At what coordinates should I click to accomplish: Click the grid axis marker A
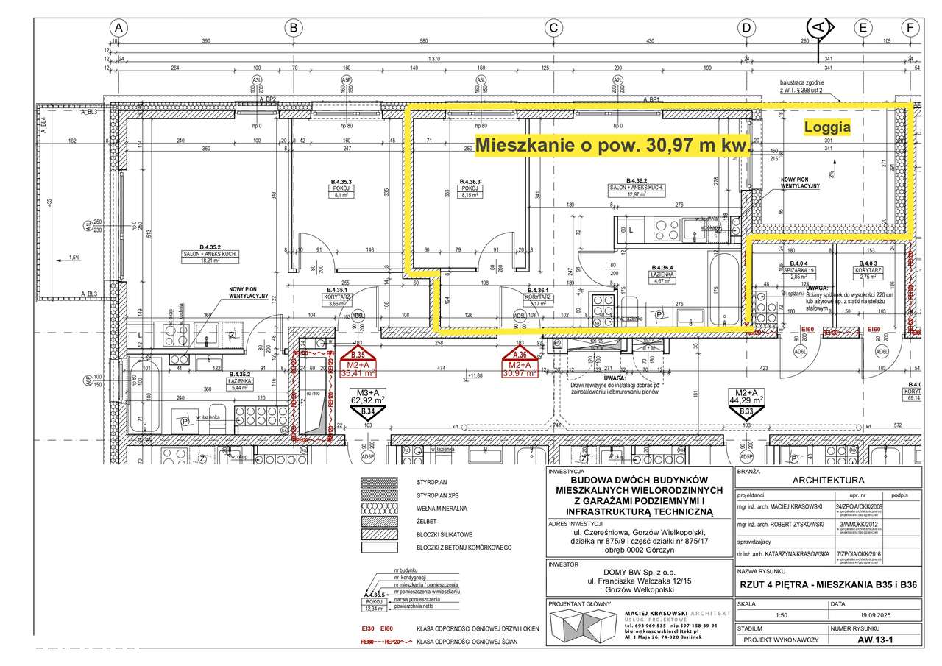point(118,27)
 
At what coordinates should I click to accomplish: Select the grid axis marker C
point(553,27)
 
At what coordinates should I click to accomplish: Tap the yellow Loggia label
point(827,127)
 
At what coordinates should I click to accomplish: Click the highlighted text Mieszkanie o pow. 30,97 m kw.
point(613,146)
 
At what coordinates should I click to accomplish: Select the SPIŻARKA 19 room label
point(799,269)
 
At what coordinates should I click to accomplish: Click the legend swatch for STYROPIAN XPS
point(380,495)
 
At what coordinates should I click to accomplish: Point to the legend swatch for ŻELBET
point(380,521)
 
